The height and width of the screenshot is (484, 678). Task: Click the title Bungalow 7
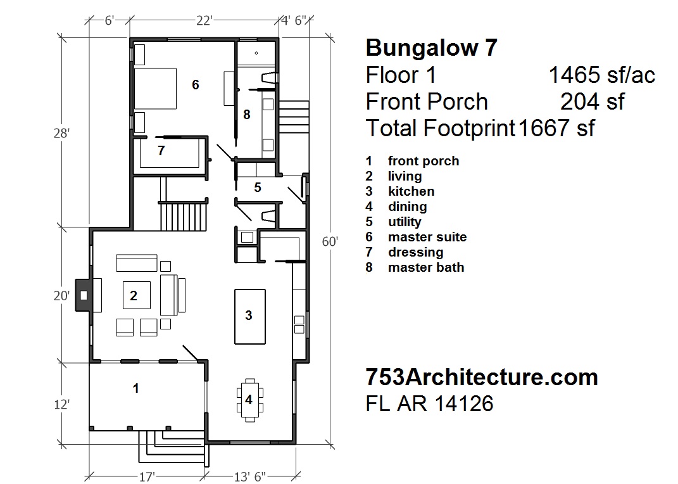[431, 48]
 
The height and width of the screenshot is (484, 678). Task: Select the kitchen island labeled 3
[249, 315]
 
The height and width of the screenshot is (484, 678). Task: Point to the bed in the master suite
[154, 88]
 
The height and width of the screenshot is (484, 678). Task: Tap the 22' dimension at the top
[203, 21]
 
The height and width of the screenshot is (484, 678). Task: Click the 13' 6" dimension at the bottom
[251, 476]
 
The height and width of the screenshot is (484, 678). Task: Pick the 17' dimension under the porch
[146, 476]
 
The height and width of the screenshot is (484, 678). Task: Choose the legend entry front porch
[423, 161]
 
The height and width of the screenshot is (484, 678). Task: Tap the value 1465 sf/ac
[601, 75]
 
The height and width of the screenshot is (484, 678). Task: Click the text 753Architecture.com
[482, 378]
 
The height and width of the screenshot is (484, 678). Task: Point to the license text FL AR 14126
[430, 404]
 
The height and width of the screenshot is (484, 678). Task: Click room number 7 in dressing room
[161, 151]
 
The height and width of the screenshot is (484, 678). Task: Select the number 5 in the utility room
[258, 188]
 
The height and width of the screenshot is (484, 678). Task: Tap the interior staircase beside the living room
[184, 215]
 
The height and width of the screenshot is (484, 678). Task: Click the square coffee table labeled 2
[136, 295]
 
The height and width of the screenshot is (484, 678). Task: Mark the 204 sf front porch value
[593, 101]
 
